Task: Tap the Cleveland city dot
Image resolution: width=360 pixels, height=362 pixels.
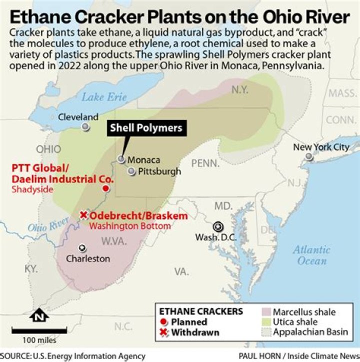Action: click(86, 127)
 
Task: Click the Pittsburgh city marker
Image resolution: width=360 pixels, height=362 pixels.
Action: click(131, 171)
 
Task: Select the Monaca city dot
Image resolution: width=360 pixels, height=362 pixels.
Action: click(121, 159)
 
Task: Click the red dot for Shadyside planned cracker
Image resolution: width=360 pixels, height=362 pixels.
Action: click(105, 188)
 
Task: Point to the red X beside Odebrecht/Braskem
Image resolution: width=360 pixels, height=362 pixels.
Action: click(83, 215)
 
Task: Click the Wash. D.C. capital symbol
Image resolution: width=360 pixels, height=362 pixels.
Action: click(218, 226)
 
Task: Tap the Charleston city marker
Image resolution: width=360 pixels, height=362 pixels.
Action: click(82, 248)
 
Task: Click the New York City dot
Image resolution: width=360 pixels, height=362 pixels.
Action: click(309, 156)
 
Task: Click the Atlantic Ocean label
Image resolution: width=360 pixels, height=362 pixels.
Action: click(311, 255)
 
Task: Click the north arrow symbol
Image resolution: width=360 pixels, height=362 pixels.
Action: click(38, 316)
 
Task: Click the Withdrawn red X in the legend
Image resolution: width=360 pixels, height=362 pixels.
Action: click(164, 332)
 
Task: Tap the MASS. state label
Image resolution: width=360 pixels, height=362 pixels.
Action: click(342, 93)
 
